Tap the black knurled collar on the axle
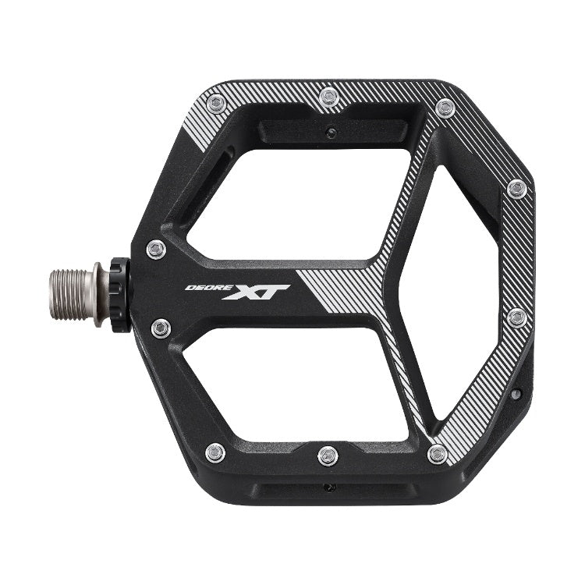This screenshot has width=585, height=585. point(119,294)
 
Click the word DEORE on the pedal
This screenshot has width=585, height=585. point(203,287)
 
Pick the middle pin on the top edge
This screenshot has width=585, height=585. point(328,96)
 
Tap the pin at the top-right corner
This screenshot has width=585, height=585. point(445,108)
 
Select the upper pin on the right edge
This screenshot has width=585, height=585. point(516,189)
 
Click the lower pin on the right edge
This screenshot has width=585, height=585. point(516,318)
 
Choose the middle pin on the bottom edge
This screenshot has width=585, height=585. point(328,455)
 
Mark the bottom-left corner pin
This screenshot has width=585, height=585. point(215,452)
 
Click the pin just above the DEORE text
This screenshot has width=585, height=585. point(156,250)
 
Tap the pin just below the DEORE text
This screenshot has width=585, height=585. point(161,328)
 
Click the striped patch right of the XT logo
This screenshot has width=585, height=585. point(343,292)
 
